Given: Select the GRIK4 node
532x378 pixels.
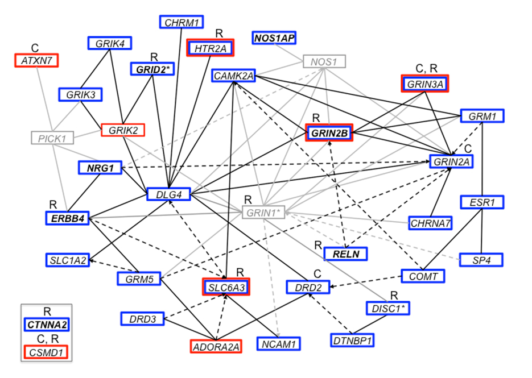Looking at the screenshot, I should click(x=110, y=43).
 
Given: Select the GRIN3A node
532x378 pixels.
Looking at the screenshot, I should click(x=424, y=84).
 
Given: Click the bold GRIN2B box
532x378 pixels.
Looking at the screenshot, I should click(x=329, y=134).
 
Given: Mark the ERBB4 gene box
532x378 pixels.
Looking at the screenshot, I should click(x=68, y=218).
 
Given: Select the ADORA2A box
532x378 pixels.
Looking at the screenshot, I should click(x=216, y=346).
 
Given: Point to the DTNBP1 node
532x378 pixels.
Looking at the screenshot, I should click(x=352, y=341).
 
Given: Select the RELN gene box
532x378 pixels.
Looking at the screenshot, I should click(x=345, y=254).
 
